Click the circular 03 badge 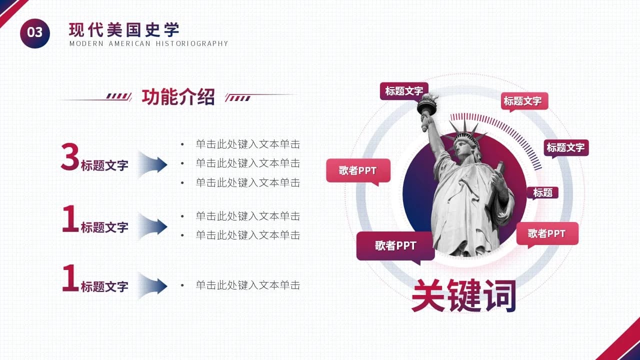point(35,33)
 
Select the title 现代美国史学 point(124,30)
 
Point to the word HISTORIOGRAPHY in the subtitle point(192,43)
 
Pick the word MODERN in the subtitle point(86,43)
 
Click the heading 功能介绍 point(178,97)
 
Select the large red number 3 point(70,157)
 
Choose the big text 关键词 point(463,296)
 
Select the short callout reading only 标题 point(542,192)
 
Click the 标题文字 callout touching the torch point(403,91)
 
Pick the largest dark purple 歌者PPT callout point(395,245)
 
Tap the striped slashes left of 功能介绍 point(118,96)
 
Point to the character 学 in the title point(171,30)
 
